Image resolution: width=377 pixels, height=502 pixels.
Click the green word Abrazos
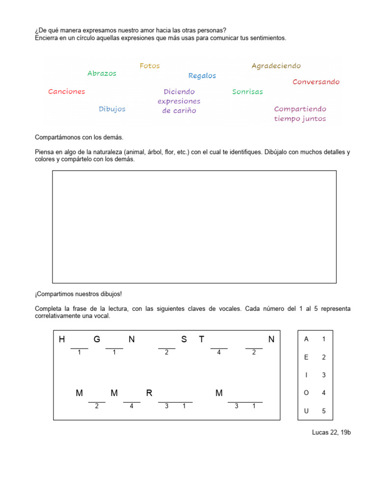(102, 74)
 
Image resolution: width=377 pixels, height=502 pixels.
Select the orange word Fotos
(150, 66)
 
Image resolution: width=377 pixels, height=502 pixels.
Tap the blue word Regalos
(202, 75)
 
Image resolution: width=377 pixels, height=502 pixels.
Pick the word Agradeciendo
(276, 66)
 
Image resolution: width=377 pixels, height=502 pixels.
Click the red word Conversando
(316, 82)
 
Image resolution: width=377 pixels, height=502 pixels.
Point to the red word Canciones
(67, 92)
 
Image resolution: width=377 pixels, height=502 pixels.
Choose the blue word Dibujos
(112, 109)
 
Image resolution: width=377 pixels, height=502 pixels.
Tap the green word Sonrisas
(247, 92)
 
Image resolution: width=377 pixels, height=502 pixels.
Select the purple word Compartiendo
(300, 109)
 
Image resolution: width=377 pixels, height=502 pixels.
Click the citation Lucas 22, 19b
(331, 432)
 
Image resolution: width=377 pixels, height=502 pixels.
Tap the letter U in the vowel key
(306, 411)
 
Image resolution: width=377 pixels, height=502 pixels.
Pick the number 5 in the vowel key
(323, 411)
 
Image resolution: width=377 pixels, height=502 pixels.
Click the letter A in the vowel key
(306, 339)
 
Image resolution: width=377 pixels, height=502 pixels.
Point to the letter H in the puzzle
(62, 339)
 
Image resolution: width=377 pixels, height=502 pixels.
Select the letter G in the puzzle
(97, 339)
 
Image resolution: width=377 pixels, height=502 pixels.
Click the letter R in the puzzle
(149, 393)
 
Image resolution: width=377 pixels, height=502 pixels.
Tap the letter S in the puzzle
(184, 339)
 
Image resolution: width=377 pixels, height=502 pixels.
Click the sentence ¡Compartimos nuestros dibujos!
(78, 294)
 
